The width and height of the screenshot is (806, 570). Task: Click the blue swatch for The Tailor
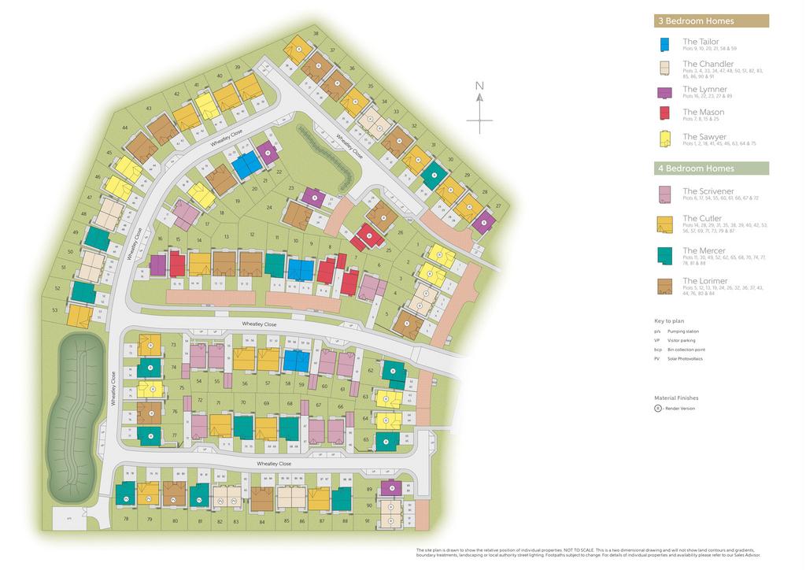coord(665,45)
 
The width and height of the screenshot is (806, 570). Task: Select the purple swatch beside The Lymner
coord(665,92)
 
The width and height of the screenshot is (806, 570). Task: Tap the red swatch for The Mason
coord(665,115)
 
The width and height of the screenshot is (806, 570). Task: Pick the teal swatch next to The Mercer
coord(665,254)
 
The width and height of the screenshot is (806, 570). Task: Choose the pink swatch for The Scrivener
coord(665,194)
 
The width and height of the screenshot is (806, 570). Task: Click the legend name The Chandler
coord(708,64)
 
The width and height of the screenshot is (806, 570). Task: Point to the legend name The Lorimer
coord(704,280)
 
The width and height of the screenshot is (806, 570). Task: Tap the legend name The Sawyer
coord(704,137)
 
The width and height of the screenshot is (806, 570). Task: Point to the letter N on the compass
coord(479,87)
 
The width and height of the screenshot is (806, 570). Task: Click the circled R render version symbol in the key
coord(658,408)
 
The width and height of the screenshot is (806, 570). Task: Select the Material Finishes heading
coord(676,398)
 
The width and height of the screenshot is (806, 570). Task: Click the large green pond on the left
coord(75,417)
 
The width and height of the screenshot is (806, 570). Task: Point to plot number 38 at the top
coord(316,33)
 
